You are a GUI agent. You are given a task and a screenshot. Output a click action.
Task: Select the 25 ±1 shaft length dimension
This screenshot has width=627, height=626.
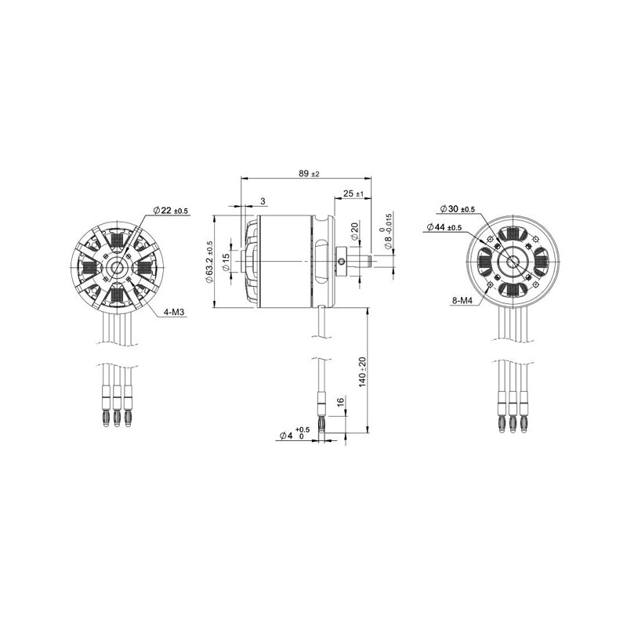click(353, 194)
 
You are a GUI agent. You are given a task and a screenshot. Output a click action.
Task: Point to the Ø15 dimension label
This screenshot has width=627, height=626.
click(227, 262)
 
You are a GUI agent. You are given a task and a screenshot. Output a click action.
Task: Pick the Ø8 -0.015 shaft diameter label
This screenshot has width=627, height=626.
click(387, 239)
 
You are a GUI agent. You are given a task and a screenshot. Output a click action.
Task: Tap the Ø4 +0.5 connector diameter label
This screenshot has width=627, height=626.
click(294, 434)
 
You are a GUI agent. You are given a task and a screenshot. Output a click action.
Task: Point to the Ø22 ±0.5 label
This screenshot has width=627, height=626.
click(171, 211)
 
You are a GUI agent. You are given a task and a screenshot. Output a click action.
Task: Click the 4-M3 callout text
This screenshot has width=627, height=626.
click(174, 312)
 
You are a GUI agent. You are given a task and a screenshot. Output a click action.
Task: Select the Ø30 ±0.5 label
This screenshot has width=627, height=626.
click(458, 209)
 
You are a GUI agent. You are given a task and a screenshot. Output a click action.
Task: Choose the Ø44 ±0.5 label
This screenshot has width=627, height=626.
click(444, 227)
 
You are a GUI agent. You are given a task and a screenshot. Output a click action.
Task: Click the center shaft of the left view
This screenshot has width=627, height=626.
click(118, 267)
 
